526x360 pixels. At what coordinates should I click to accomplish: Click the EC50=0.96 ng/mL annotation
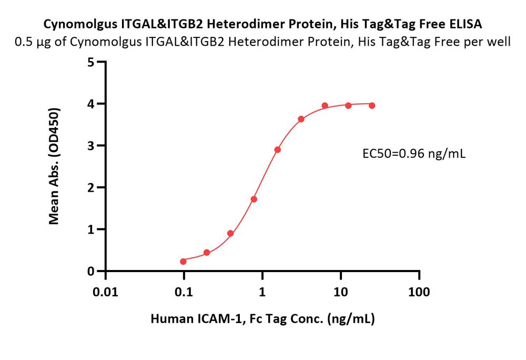point(414,154)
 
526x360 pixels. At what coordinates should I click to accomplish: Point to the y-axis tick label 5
point(90,63)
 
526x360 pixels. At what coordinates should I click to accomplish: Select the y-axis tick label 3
point(90,146)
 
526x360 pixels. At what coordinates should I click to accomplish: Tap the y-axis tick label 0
point(90,272)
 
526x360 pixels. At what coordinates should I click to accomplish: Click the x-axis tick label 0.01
point(105,292)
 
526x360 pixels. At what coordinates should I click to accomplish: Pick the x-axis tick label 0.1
point(184,292)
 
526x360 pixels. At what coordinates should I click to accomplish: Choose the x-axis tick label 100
point(419,292)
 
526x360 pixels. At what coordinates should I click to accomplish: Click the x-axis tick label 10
point(340,292)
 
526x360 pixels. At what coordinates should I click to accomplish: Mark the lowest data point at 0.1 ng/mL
point(183,262)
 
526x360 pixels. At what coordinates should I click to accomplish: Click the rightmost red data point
point(372,106)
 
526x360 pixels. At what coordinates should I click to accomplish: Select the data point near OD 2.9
point(277,149)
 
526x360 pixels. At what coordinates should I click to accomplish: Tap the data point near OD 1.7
point(254,199)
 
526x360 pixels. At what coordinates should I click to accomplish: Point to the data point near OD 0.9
point(230,234)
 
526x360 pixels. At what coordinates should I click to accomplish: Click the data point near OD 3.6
point(301,119)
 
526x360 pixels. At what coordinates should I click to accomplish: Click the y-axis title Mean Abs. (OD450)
point(54,166)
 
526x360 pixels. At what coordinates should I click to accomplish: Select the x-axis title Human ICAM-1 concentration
point(262,318)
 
